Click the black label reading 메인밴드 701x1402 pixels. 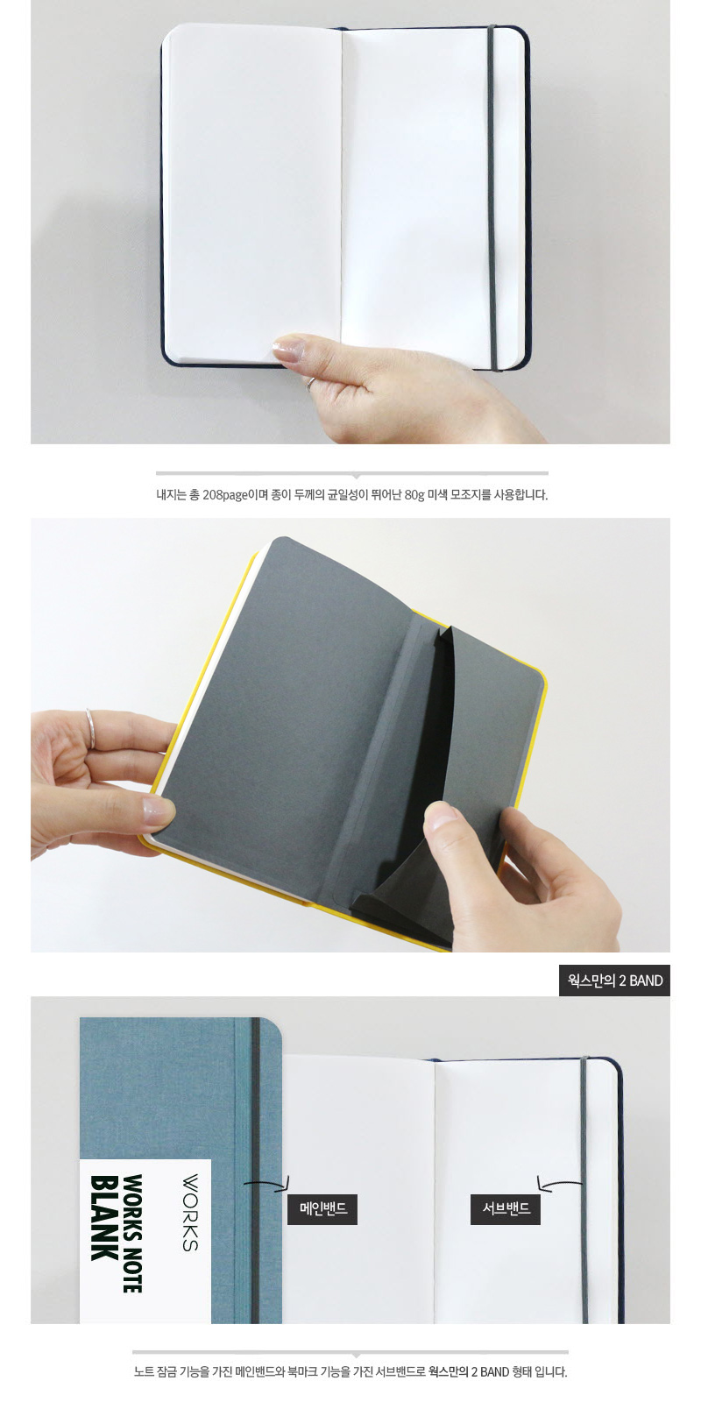point(322,1208)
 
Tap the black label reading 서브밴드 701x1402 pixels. point(506,1208)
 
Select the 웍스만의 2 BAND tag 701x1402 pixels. point(614,981)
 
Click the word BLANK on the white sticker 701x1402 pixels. point(104,1217)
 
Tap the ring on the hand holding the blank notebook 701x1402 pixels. point(310,382)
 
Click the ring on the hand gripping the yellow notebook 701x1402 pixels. point(91,728)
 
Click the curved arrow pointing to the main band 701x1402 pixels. point(267,1182)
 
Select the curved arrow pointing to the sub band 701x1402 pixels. point(559,1182)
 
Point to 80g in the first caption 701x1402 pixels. point(414,495)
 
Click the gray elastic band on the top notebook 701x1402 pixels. point(492,198)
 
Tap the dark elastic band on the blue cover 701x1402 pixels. point(255,1171)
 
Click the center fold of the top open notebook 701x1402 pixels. point(342,194)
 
